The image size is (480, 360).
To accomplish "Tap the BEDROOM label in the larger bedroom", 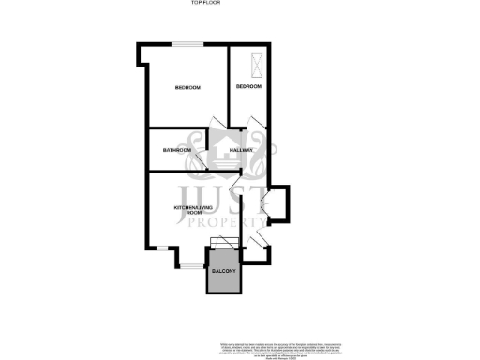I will click(187, 88).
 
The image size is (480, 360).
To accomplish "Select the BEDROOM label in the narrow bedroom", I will click(248, 87).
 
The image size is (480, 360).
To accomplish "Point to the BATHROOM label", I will click(177, 150).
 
